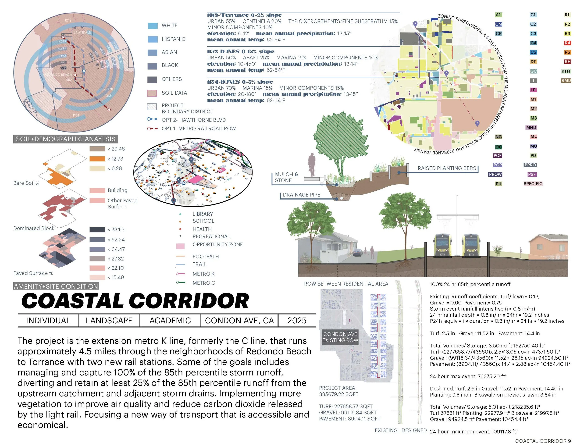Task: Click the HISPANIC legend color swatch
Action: pos(152,39)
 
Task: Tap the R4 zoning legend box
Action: pos(567,43)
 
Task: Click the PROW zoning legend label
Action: pos(495,174)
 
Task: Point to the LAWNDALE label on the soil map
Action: pos(82,32)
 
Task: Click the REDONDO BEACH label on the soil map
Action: pos(58,75)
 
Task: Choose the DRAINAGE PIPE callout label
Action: pos(301,195)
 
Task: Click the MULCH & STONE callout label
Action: pos(286,177)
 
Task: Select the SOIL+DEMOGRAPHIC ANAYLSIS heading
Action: pos(66,139)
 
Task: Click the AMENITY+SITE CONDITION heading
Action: pos(56,286)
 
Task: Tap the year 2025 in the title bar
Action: pos(296,321)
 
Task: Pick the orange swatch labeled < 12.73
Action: pos(97,159)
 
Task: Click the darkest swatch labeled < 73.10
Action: pos(97,230)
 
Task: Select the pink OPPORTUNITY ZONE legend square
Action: pos(180,246)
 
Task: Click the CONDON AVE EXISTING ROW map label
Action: pos(340,337)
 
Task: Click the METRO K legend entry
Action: pos(203,274)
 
